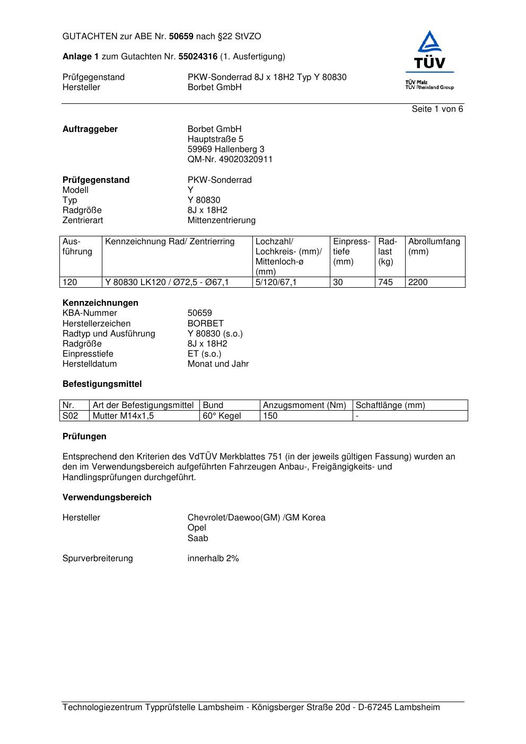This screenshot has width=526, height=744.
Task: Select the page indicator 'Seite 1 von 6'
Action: pyautogui.click(x=437, y=109)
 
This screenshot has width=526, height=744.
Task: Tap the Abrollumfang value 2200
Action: pyautogui.click(x=418, y=282)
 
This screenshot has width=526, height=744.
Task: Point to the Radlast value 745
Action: pyautogui.click(x=385, y=282)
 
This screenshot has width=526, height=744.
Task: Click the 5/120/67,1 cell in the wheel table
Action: pyautogui.click(x=276, y=282)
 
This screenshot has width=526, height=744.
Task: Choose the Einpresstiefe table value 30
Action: pyautogui.click(x=338, y=282)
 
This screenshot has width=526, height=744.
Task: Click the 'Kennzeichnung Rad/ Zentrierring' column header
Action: pyautogui.click(x=170, y=242)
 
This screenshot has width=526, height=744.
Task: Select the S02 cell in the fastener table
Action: pyautogui.click(x=70, y=416)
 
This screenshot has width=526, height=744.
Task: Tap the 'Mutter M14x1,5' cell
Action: pyautogui.click(x=123, y=416)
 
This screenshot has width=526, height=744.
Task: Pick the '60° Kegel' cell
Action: pyautogui.click(x=222, y=416)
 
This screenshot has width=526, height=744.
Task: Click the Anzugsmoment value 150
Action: pyautogui.click(x=270, y=416)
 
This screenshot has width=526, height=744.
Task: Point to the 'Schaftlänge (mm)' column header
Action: pyautogui.click(x=390, y=405)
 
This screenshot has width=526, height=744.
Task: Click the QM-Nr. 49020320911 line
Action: pyautogui.click(x=230, y=160)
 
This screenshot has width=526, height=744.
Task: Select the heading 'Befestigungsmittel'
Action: pyautogui.click(x=102, y=384)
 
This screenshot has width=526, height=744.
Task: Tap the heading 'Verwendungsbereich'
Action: pyautogui.click(x=107, y=497)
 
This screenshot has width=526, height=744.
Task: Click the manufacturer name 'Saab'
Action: pyautogui.click(x=198, y=538)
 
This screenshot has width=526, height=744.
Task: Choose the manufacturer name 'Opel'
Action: pyautogui.click(x=197, y=528)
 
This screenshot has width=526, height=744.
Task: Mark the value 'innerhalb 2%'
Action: pyautogui.click(x=213, y=559)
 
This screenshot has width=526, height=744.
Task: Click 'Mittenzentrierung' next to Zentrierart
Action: pyautogui.click(x=221, y=220)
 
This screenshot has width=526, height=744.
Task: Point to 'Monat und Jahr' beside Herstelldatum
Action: pyautogui.click(x=218, y=364)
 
